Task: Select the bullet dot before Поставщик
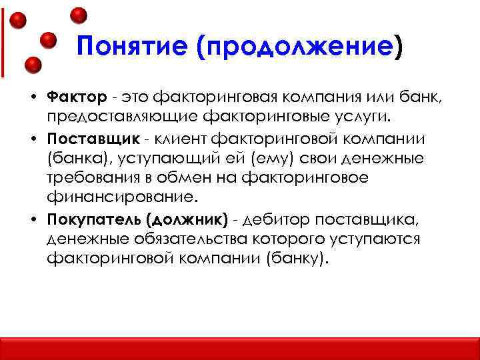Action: click(32, 139)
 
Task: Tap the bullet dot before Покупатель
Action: click(32, 220)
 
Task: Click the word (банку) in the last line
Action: click(291, 259)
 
